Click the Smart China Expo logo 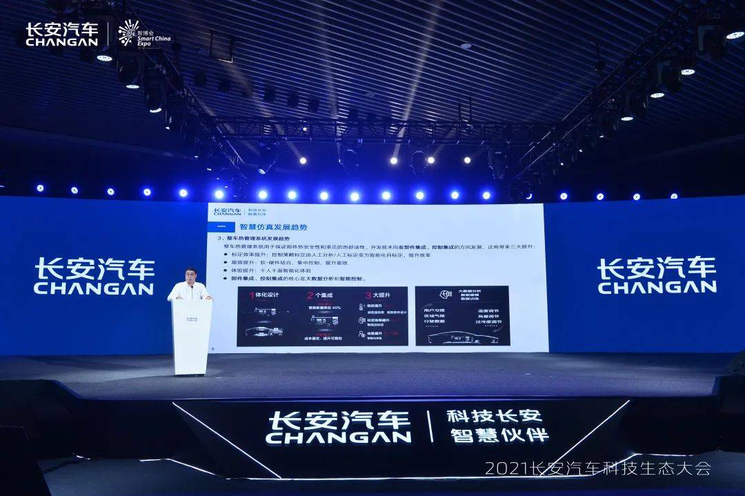coord(143,33)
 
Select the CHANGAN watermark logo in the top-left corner coord(61,34)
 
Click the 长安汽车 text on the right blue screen coord(655,266)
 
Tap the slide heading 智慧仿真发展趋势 coord(272,226)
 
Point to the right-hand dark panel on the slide coord(462,315)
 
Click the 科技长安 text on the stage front coord(495,416)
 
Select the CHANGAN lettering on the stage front coord(338,437)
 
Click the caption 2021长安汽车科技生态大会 coord(597,468)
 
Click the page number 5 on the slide coord(212,348)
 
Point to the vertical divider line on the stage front coord(430,426)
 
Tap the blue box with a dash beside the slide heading coord(221,226)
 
